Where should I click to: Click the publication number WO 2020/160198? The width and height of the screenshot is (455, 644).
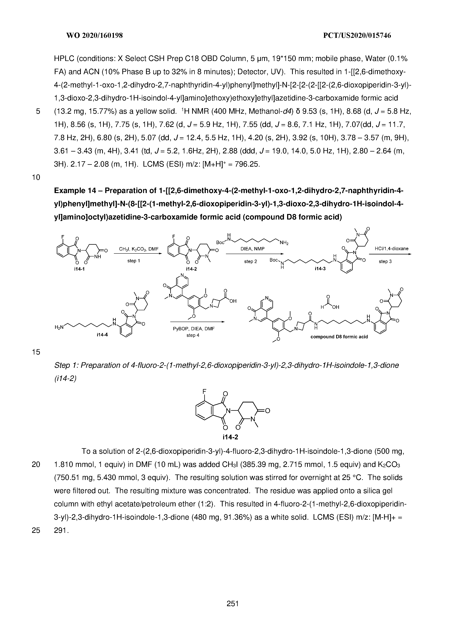95,36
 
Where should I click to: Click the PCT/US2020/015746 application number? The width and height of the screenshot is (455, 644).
357,36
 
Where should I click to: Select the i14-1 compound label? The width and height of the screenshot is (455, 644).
79,269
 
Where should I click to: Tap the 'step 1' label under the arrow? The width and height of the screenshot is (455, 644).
134,261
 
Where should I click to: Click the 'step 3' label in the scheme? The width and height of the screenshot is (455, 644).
385,261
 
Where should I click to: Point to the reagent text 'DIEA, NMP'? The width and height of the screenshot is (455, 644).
252,249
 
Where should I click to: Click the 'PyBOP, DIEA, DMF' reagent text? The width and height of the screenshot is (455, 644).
194,329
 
